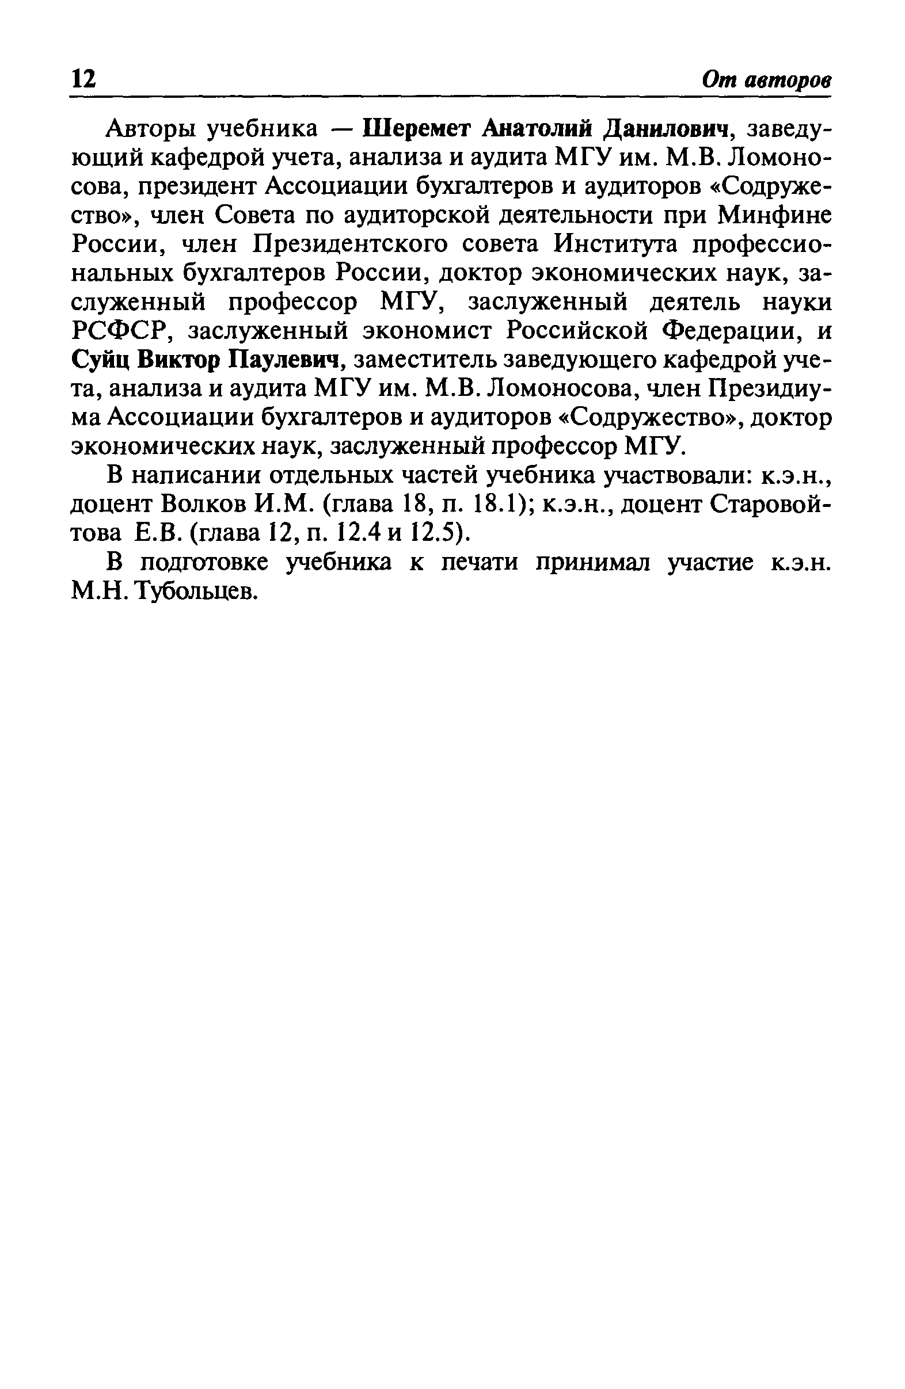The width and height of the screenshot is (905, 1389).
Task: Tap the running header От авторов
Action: (x=767, y=79)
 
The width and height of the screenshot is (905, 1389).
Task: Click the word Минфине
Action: (x=773, y=215)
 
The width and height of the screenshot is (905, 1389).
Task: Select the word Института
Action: (x=615, y=245)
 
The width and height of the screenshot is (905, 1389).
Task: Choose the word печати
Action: (x=480, y=562)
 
